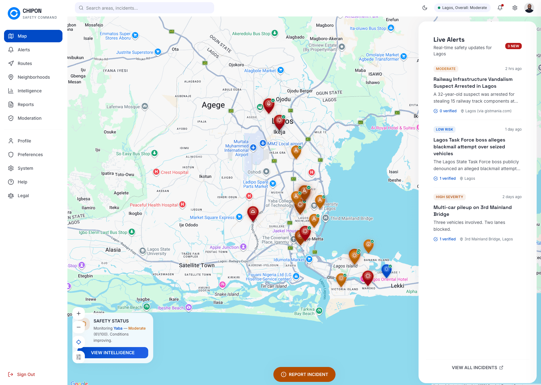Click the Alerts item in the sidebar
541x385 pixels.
pos(24,50)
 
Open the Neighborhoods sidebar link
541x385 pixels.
pos(34,77)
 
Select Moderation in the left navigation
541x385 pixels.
pos(30,118)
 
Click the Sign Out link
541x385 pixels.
pos(26,374)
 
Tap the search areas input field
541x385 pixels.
pos(144,8)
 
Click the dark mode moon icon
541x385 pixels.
pos(425,8)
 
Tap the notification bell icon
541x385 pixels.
pos(500,8)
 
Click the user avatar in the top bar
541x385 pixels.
pos(529,8)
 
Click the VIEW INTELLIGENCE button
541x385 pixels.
pos(113,353)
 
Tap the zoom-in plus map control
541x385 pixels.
pos(79,313)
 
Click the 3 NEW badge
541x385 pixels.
pos(513,46)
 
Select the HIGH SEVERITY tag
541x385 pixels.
pos(449,197)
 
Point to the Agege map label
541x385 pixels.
pos(213,105)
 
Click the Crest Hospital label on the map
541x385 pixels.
pos(174,172)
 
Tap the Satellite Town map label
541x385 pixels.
pos(197,265)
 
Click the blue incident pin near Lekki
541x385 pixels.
pos(386,270)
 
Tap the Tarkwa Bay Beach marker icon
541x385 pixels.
pos(319,311)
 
